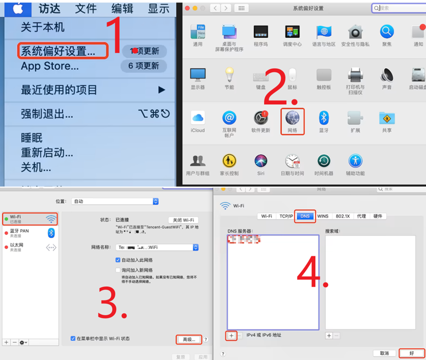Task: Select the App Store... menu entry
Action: pyautogui.click(x=49, y=66)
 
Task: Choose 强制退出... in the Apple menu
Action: pyautogui.click(x=47, y=114)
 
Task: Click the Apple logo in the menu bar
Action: pyautogui.click(x=18, y=9)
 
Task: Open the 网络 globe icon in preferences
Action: pyautogui.click(x=292, y=118)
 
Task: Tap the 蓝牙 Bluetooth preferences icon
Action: pyautogui.click(x=323, y=118)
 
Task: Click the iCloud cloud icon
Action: pyautogui.click(x=198, y=118)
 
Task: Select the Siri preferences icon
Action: pyautogui.click(x=261, y=161)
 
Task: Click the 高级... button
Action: pyautogui.click(x=189, y=339)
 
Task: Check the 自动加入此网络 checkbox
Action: pyautogui.click(x=118, y=260)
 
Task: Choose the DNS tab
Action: pyautogui.click(x=305, y=216)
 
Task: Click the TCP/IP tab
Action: pyautogui.click(x=286, y=216)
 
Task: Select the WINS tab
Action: pyautogui.click(x=323, y=216)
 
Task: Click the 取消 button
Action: pyautogui.click(x=384, y=353)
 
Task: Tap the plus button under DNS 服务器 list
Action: pyautogui.click(x=231, y=336)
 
